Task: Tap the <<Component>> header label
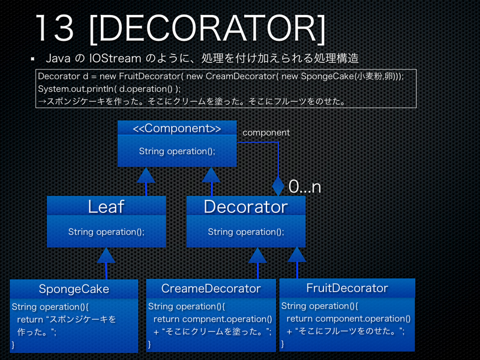pyautogui.click(x=176, y=129)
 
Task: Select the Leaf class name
pyautogui.click(x=106, y=206)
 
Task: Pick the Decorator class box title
pyautogui.click(x=245, y=206)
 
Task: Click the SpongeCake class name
pyautogui.click(x=74, y=289)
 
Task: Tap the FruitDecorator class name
pyautogui.click(x=347, y=288)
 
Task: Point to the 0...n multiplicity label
pyautogui.click(x=304, y=187)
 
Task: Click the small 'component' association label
pyautogui.click(x=266, y=132)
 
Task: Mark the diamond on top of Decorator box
pyautogui.click(x=278, y=185)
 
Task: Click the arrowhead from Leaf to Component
pyautogui.click(x=146, y=175)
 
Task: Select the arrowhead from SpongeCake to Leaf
pyautogui.click(x=106, y=256)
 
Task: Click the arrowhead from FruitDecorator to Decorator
pyautogui.click(x=296, y=255)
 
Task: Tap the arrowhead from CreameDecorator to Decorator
pyautogui.click(x=257, y=256)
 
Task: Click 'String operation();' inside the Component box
pyautogui.click(x=176, y=151)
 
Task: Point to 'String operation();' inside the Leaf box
pyautogui.click(x=106, y=232)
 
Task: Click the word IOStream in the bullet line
pyautogui.click(x=114, y=59)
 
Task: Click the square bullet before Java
pyautogui.click(x=33, y=60)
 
